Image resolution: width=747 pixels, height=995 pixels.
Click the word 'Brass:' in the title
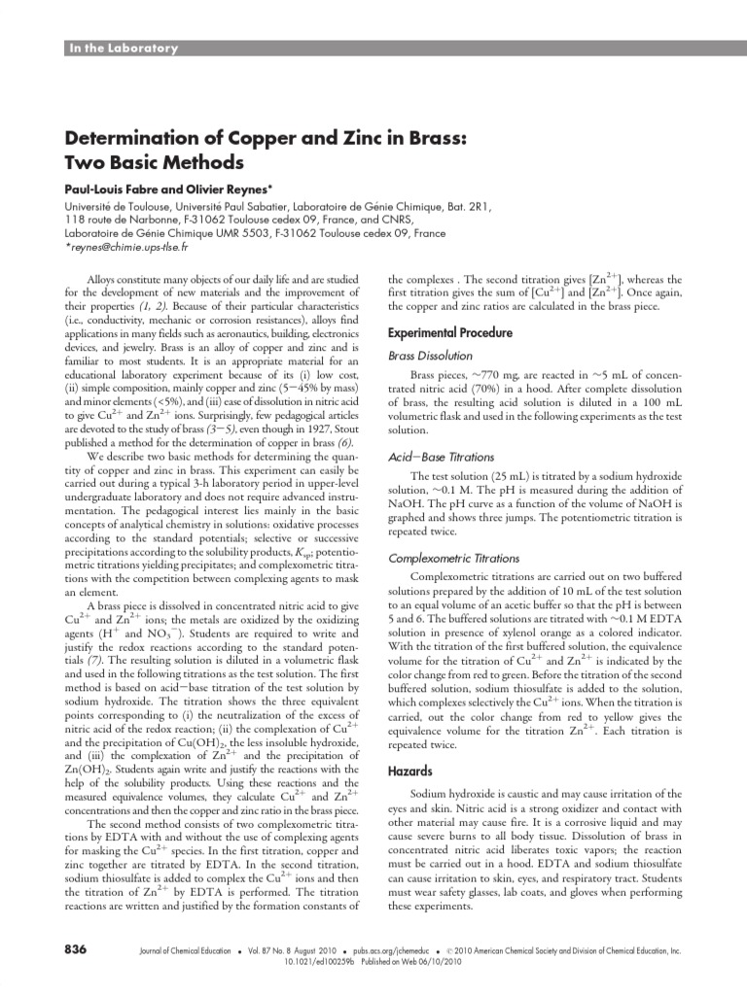[x=425, y=139]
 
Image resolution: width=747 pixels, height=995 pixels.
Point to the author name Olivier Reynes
[x=233, y=189]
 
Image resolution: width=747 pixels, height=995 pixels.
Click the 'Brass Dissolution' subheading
[x=431, y=356]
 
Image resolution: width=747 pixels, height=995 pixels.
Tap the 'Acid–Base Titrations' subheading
[x=442, y=457]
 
